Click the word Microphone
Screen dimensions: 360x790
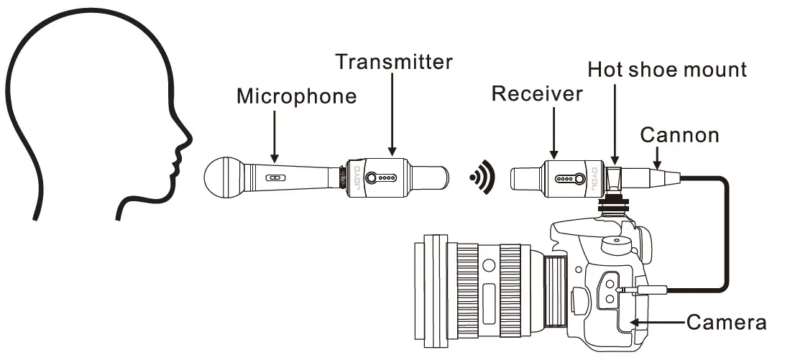(296, 96)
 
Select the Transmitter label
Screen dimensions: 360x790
(395, 62)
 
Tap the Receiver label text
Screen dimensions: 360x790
(536, 93)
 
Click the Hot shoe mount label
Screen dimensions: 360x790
(666, 70)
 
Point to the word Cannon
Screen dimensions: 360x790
(679, 134)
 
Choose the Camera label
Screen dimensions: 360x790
(726, 322)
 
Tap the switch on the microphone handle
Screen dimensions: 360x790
(274, 177)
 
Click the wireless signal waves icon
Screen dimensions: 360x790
(482, 177)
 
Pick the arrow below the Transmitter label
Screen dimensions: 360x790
(392, 115)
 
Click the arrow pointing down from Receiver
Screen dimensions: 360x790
(554, 133)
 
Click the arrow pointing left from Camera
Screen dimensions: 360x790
(658, 323)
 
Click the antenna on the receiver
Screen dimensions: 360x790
(527, 176)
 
